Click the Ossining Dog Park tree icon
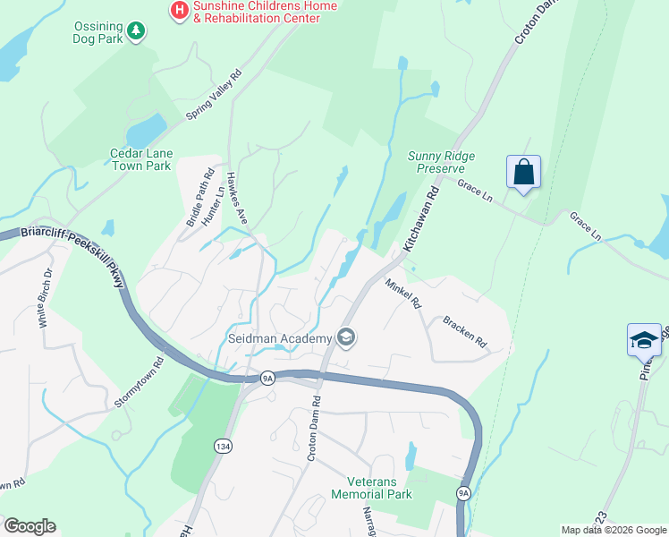135,32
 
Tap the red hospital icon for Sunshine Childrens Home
179,11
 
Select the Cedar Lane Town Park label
140,159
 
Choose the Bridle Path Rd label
201,197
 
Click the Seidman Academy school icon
346,337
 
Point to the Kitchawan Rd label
422,218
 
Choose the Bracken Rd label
464,330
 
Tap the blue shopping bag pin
523,172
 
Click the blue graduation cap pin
644,340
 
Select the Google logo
30,526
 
